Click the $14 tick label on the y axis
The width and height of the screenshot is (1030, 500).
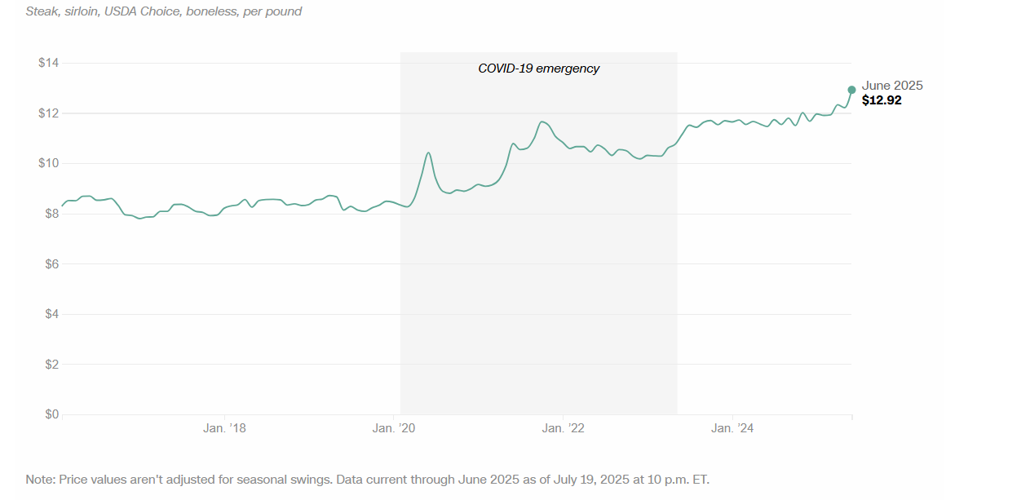(48, 63)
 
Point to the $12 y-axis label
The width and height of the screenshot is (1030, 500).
(48, 113)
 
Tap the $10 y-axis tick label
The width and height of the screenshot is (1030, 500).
(48, 163)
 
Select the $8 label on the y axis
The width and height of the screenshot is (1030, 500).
(51, 214)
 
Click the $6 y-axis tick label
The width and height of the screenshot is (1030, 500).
(51, 263)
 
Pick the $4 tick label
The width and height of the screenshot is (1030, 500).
(51, 314)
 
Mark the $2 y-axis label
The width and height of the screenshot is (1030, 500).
(51, 365)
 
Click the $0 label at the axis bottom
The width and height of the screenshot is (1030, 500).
(51, 414)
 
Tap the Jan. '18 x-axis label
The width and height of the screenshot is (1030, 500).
(224, 428)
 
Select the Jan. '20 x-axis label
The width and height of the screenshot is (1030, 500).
(394, 428)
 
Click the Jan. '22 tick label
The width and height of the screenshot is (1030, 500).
(564, 428)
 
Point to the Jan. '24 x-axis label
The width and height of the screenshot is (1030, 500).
(733, 428)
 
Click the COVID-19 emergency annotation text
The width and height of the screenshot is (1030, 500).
(538, 69)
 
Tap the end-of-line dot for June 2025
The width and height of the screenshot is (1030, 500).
(851, 90)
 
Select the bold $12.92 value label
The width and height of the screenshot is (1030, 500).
(882, 100)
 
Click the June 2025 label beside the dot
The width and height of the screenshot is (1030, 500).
(892, 86)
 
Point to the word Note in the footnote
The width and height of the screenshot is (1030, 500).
(39, 479)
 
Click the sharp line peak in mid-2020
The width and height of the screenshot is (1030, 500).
(428, 153)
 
